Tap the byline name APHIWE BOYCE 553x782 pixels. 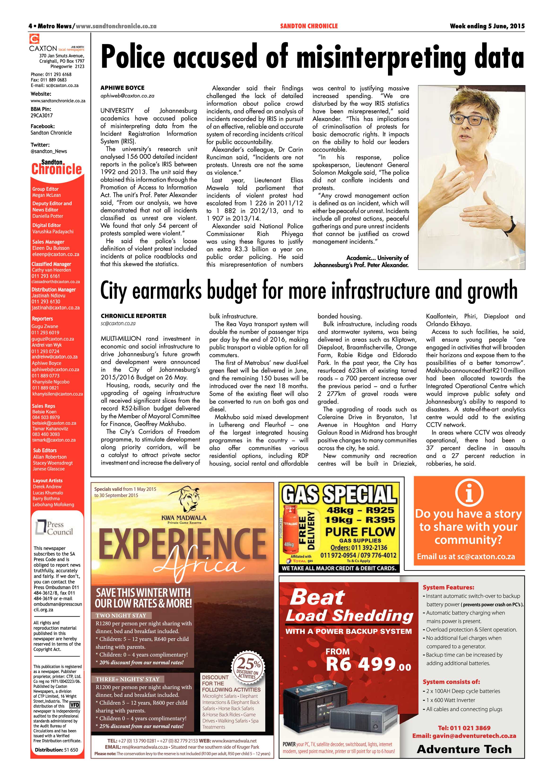tap(122, 88)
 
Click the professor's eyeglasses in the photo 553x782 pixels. tap(467, 120)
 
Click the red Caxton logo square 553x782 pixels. tap(34, 39)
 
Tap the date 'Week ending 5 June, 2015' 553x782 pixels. tap(487, 26)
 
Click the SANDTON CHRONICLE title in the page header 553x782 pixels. tap(309, 26)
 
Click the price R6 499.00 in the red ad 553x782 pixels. tap(368, 664)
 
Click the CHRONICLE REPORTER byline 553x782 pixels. tap(134, 316)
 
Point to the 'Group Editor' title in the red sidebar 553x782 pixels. tap(45, 189)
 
